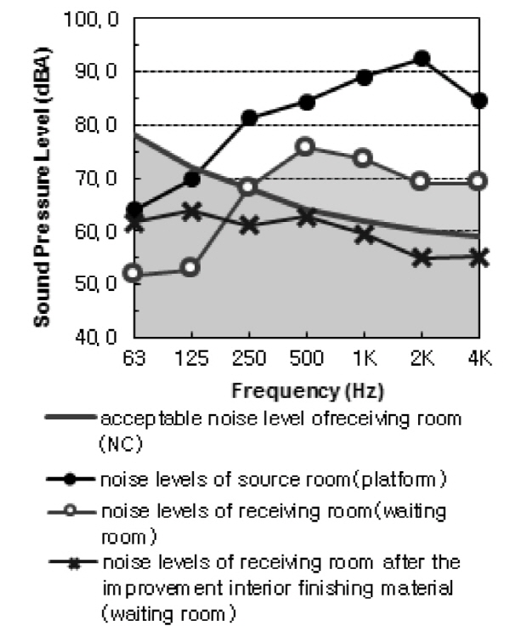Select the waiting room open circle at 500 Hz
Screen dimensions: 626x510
(x=307, y=146)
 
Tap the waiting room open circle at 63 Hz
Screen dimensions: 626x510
(x=133, y=273)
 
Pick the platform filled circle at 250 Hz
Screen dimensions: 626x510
(x=249, y=117)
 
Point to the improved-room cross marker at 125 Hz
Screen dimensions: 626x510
(x=191, y=212)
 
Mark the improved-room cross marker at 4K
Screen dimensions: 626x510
(x=479, y=257)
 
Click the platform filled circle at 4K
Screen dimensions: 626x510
(x=479, y=100)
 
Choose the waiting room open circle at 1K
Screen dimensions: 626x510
(x=364, y=157)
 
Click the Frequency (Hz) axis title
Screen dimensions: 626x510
(x=307, y=392)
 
